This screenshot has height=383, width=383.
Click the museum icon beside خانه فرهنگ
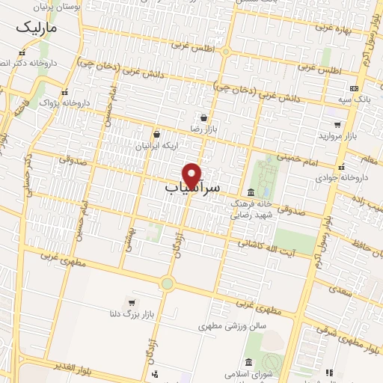pyautogui.click(x=251, y=192)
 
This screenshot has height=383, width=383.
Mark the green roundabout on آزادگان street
pyautogui.click(x=166, y=284)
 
